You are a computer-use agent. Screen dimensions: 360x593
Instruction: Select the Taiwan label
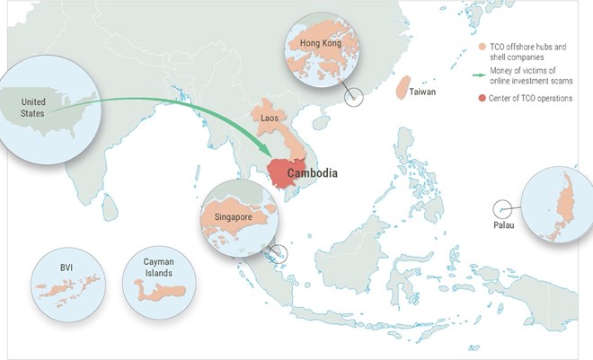(422, 92)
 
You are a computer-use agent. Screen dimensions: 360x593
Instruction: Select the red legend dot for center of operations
(482, 98)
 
